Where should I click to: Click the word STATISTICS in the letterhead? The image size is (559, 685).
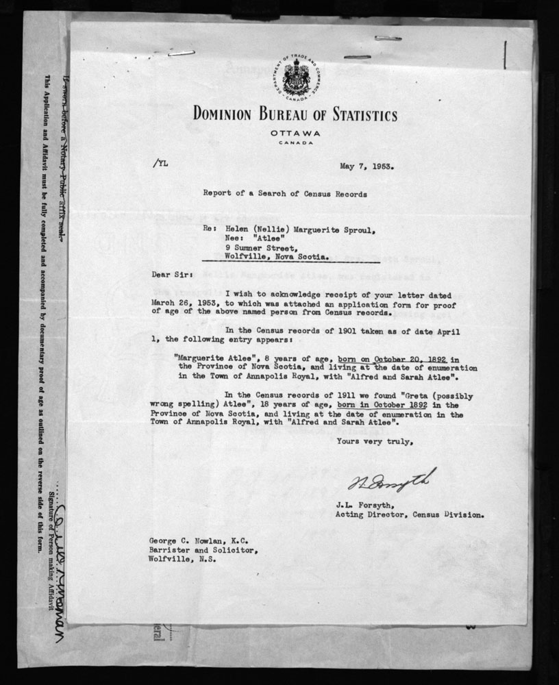pos(349,115)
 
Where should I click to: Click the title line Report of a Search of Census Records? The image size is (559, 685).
pos(284,194)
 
